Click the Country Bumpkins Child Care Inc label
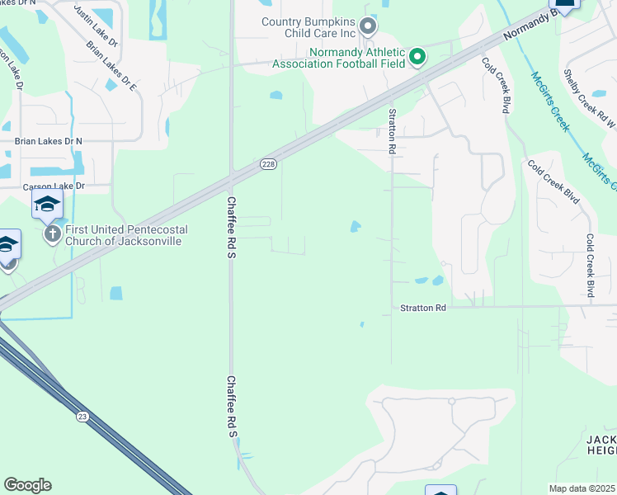[308, 27]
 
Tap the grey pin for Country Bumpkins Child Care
[368, 26]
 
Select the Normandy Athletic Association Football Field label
[357, 57]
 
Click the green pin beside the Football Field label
[417, 56]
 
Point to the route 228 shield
[268, 165]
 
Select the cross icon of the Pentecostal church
[53, 235]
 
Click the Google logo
[27, 485]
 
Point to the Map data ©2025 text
[582, 488]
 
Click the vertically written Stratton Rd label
[393, 130]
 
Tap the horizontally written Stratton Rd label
[422, 308]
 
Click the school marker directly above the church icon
[47, 204]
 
